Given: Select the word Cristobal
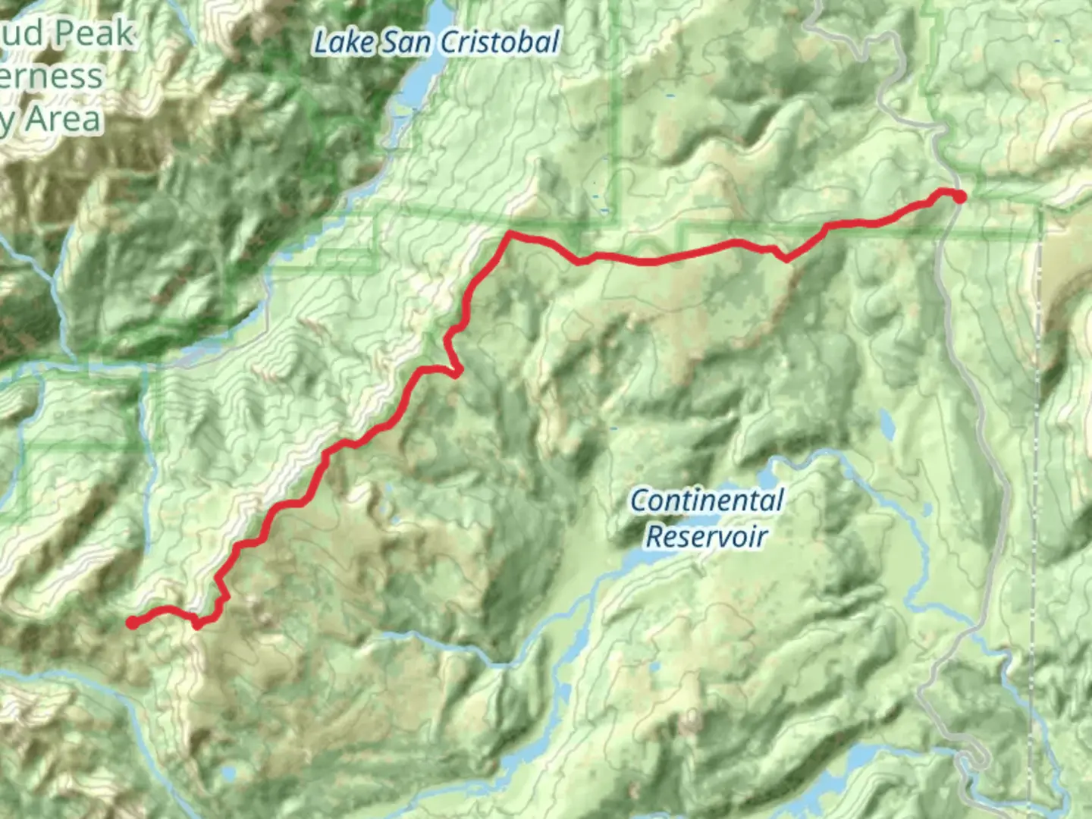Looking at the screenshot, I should click(x=500, y=42).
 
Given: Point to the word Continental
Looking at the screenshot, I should click(x=707, y=501).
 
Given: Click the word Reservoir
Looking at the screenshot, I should click(x=707, y=536).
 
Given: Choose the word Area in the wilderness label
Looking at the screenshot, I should click(x=64, y=120).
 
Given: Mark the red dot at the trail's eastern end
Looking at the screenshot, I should click(x=959, y=197).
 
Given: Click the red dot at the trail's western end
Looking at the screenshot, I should click(x=132, y=623).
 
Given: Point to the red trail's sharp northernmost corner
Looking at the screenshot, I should click(x=510, y=234).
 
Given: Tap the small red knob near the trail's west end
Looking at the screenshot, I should click(x=197, y=625).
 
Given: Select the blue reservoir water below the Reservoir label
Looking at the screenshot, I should click(x=645, y=562).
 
